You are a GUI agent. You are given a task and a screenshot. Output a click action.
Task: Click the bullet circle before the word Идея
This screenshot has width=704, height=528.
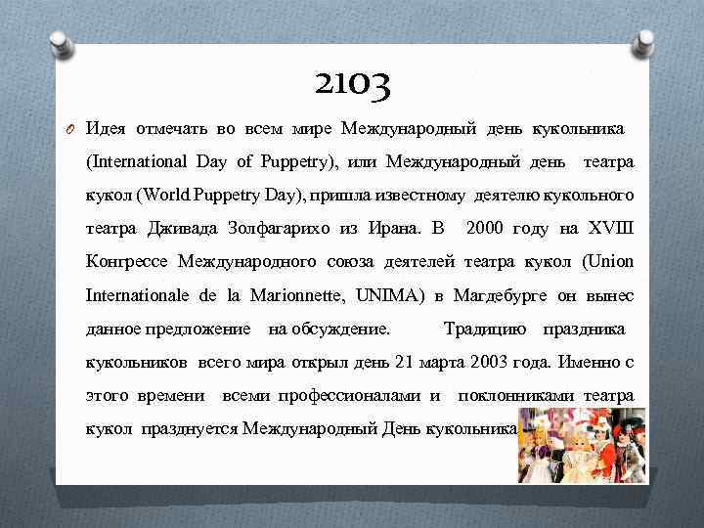click(69, 128)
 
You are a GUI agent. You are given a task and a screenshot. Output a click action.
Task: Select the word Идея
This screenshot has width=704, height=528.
click(105, 128)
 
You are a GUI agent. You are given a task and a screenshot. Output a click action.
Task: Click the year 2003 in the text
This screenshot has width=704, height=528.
click(490, 362)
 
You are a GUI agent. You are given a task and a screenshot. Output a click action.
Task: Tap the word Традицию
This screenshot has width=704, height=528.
click(485, 328)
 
